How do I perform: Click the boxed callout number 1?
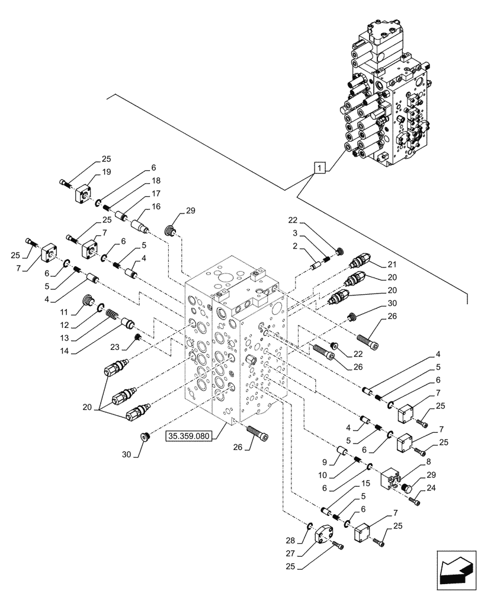pyautogui.click(x=319, y=169)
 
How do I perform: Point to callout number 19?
pyautogui.click(x=106, y=172)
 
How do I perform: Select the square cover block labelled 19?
pyautogui.click(x=82, y=193)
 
